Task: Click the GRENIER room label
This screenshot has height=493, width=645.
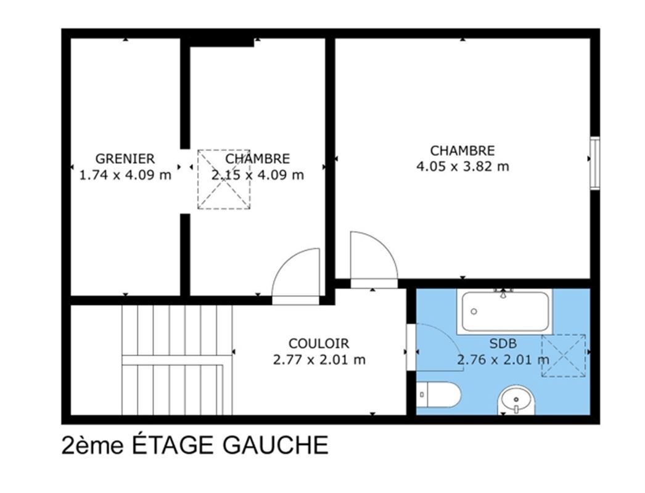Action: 125,158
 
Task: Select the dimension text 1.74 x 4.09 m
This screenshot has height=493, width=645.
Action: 125,175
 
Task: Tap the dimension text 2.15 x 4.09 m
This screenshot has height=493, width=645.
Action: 258,175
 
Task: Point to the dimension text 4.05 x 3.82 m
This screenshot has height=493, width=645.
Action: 462,166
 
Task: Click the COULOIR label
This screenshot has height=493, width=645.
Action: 319,343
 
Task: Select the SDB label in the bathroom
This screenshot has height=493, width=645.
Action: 503,343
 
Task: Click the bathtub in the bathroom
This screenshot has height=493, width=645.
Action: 504,311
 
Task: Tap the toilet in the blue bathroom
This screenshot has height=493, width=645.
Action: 438,395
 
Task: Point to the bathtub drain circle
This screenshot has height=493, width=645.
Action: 474,312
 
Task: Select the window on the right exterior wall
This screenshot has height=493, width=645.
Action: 595,164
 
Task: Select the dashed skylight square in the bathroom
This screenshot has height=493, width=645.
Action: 564,356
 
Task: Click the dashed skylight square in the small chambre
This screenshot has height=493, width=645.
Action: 224,179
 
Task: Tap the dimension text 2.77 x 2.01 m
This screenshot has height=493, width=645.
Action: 319,360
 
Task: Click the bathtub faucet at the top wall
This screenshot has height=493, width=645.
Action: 503,293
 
